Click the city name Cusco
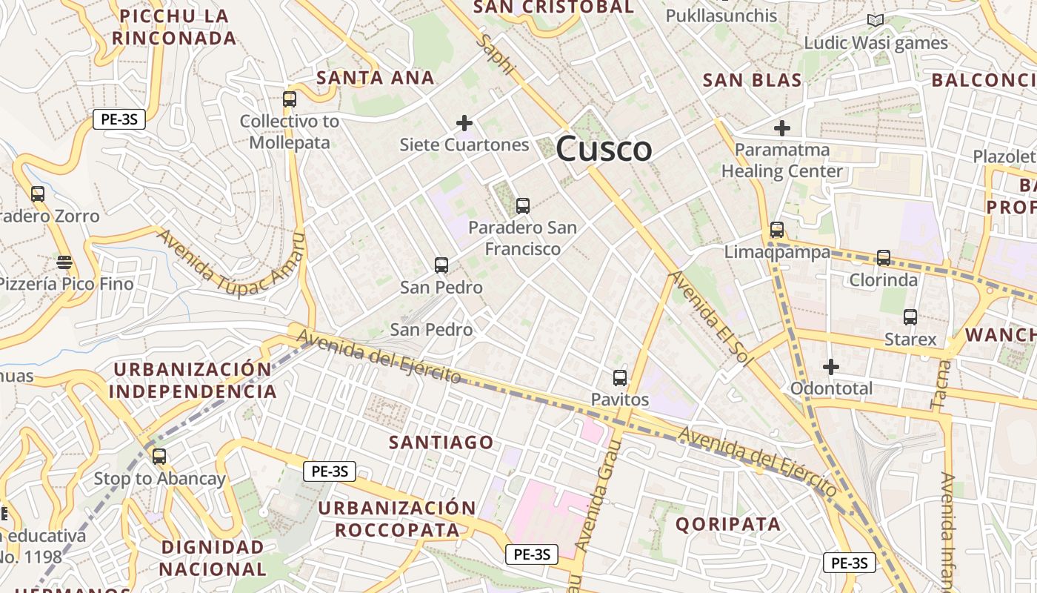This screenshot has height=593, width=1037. [x=604, y=149]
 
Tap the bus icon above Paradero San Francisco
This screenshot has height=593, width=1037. [x=523, y=206]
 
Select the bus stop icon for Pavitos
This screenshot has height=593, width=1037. [x=620, y=378]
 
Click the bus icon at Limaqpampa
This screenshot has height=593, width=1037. [x=777, y=230]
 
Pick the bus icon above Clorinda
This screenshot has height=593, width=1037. [x=884, y=258]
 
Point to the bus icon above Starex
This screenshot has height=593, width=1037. [x=910, y=317]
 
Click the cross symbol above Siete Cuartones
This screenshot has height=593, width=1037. [x=464, y=122]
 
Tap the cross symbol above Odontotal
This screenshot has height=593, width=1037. [x=831, y=366]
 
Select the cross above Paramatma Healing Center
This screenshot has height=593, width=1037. [x=781, y=128]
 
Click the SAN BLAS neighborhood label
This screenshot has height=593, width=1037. [x=752, y=80]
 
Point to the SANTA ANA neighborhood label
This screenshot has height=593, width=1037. [x=376, y=77]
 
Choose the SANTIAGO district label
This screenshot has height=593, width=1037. [x=441, y=443]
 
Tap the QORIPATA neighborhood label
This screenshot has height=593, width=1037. [x=728, y=524]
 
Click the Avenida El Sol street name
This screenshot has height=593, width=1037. [x=710, y=317]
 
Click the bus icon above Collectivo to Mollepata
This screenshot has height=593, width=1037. [x=290, y=99]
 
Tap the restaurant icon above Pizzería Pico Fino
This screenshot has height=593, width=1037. [x=64, y=262]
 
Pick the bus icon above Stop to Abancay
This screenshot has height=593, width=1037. [x=159, y=457]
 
